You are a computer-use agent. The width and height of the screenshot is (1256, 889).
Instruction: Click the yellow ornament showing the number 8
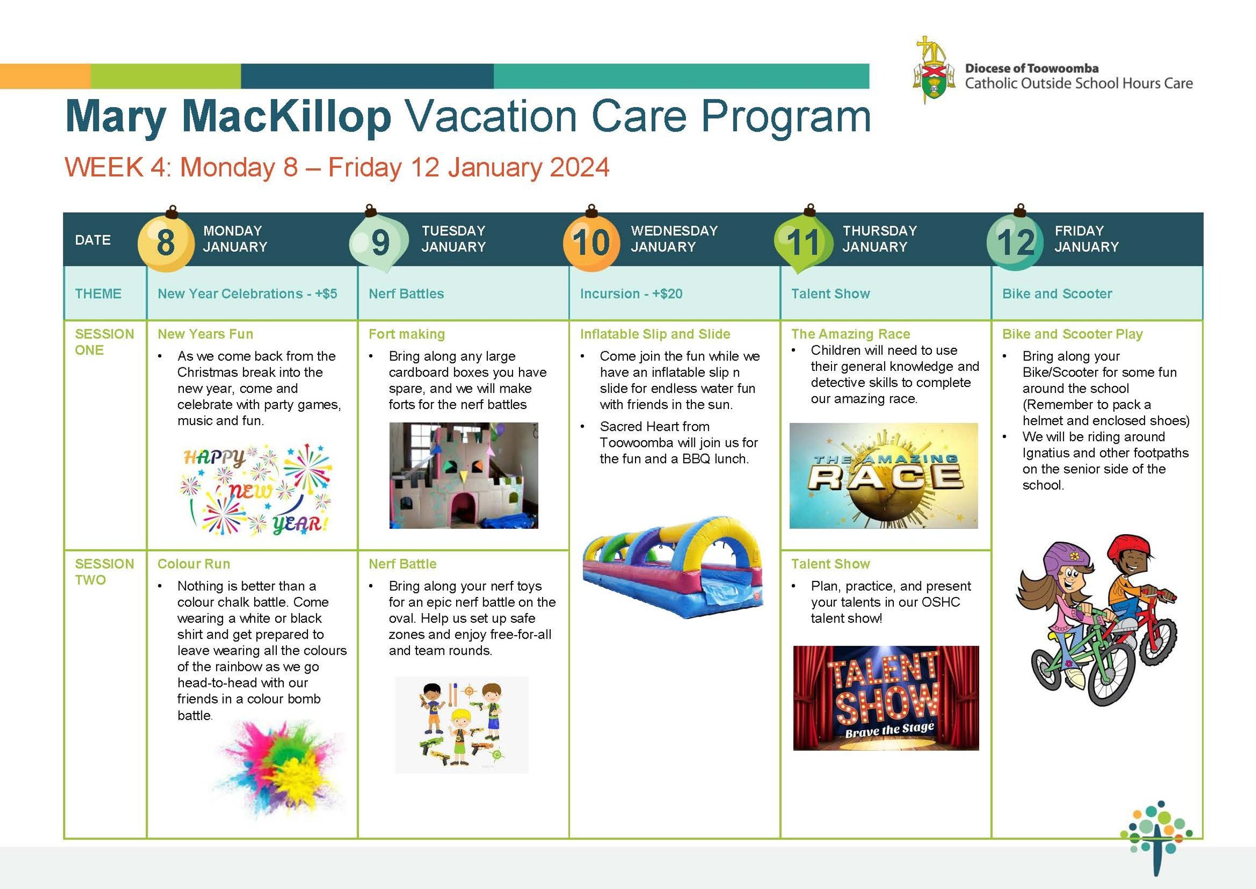[x=165, y=241]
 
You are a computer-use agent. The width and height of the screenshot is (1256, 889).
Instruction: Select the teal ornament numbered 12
[x=1015, y=241]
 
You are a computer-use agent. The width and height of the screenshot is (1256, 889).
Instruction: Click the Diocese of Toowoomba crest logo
[x=930, y=70]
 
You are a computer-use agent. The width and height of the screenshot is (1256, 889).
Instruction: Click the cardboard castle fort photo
[x=464, y=475]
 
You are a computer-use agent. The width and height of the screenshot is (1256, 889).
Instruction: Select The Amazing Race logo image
[x=883, y=475]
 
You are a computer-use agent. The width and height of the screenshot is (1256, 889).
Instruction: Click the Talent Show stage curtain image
[x=886, y=698]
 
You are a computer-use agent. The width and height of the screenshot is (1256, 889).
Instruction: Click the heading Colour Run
[x=194, y=564]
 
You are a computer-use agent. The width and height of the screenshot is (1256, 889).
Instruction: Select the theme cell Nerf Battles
[x=406, y=293]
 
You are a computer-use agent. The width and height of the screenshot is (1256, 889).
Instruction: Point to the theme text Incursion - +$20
[x=631, y=293]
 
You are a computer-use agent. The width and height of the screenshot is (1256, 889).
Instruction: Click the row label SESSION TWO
[x=104, y=571]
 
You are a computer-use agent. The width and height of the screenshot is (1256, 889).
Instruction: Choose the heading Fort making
[x=406, y=334]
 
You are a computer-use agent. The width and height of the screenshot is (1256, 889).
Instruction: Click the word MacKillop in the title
[x=287, y=117]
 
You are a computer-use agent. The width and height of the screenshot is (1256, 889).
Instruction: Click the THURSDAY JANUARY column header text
[x=880, y=239]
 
